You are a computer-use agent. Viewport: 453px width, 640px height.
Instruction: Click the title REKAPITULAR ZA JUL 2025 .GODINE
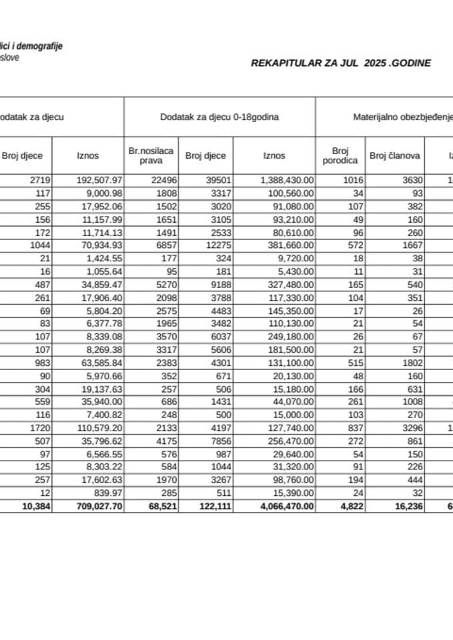coord(340,63)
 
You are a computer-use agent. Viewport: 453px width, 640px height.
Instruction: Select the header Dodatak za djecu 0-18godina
coord(219,117)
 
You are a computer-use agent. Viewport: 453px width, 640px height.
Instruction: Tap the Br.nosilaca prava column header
coord(151,156)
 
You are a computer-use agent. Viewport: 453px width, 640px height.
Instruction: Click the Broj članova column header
coord(394,156)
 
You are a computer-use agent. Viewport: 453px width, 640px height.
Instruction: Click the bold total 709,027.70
coord(97,507)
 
